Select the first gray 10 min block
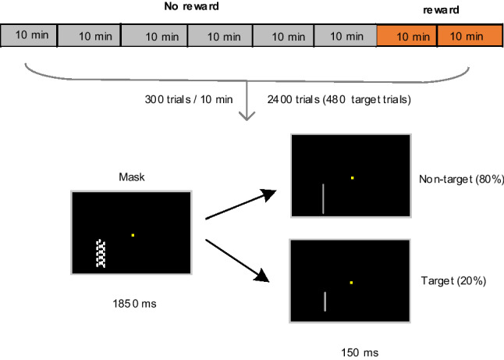[x=30, y=36]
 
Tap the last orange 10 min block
[x=469, y=36]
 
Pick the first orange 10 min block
[x=407, y=36]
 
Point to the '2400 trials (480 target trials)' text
[x=339, y=101]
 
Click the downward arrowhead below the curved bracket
[x=247, y=116]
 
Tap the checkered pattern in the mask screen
[x=100, y=254]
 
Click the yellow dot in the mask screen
[x=133, y=235]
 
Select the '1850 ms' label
[x=131, y=299]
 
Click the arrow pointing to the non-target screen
[x=240, y=205]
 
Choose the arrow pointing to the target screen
[x=240, y=257]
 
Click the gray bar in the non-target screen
[x=324, y=198]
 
